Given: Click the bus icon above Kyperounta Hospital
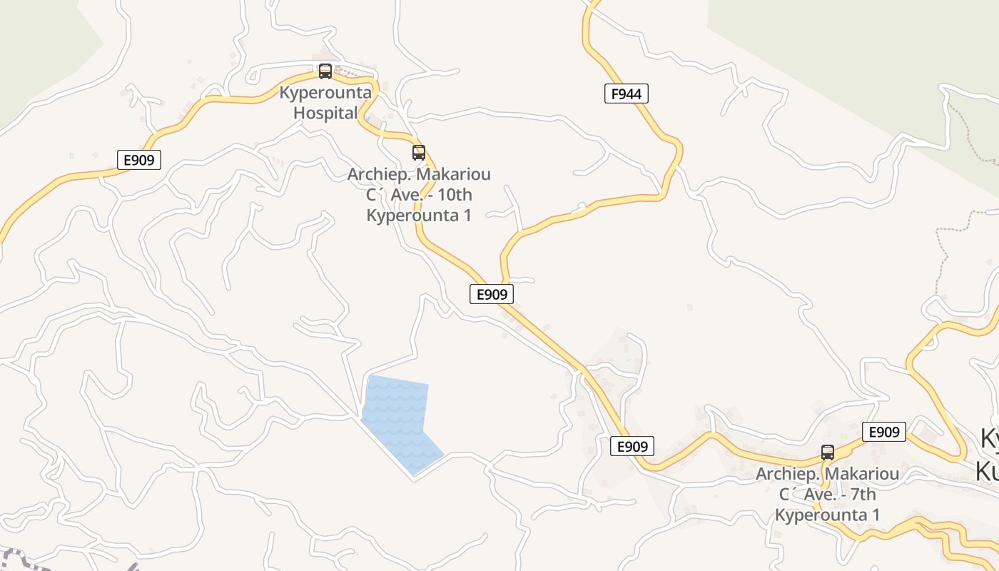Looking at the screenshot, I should pyautogui.click(x=325, y=71).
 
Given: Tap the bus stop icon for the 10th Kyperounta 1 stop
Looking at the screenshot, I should pyautogui.click(x=419, y=153).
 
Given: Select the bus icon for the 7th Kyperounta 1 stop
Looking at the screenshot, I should pyautogui.click(x=828, y=453).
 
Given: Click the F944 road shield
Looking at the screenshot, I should pyautogui.click(x=627, y=94).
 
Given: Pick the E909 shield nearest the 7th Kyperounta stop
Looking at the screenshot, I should pyautogui.click(x=884, y=432).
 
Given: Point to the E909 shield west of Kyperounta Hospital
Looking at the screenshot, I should pyautogui.click(x=139, y=160).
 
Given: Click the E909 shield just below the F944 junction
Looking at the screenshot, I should pyautogui.click(x=492, y=294).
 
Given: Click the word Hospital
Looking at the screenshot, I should pyautogui.click(x=325, y=113).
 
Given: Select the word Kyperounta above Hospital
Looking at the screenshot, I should pyautogui.click(x=325, y=93).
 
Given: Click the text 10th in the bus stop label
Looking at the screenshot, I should pyautogui.click(x=454, y=195).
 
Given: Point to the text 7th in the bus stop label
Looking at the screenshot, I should pyautogui.click(x=861, y=495).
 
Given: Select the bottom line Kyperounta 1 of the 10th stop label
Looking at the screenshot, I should pyautogui.click(x=419, y=216).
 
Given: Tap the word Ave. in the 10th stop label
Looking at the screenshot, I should pyautogui.click(x=410, y=195).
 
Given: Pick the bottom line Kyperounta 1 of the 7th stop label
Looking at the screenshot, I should pyautogui.click(x=828, y=515).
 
